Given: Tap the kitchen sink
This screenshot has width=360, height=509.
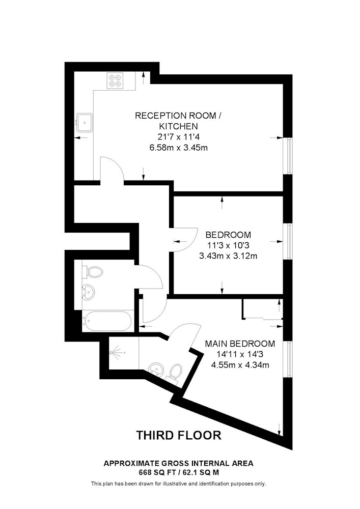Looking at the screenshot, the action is pos(85,122).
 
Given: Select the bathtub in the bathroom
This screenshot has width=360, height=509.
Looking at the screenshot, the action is pos(107,321).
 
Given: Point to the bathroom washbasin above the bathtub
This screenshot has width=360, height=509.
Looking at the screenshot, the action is pos(88,291).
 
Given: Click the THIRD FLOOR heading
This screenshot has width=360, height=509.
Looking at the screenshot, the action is pos(179,435).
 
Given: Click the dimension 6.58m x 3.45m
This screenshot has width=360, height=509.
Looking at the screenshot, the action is pos(179,148).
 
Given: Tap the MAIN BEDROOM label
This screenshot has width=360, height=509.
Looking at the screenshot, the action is pos(240,344).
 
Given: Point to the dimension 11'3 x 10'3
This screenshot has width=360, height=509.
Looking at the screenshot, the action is pos(228,245).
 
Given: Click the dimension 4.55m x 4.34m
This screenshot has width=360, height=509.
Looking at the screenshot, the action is pos(240,365).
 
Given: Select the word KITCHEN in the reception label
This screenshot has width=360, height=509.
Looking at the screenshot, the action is pos(179,126).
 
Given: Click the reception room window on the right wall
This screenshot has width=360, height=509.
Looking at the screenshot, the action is pos(288,156).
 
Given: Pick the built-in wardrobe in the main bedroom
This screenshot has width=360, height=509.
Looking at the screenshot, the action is pos(263,309).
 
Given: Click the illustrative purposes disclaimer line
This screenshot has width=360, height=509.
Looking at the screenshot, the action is pos(179,484).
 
